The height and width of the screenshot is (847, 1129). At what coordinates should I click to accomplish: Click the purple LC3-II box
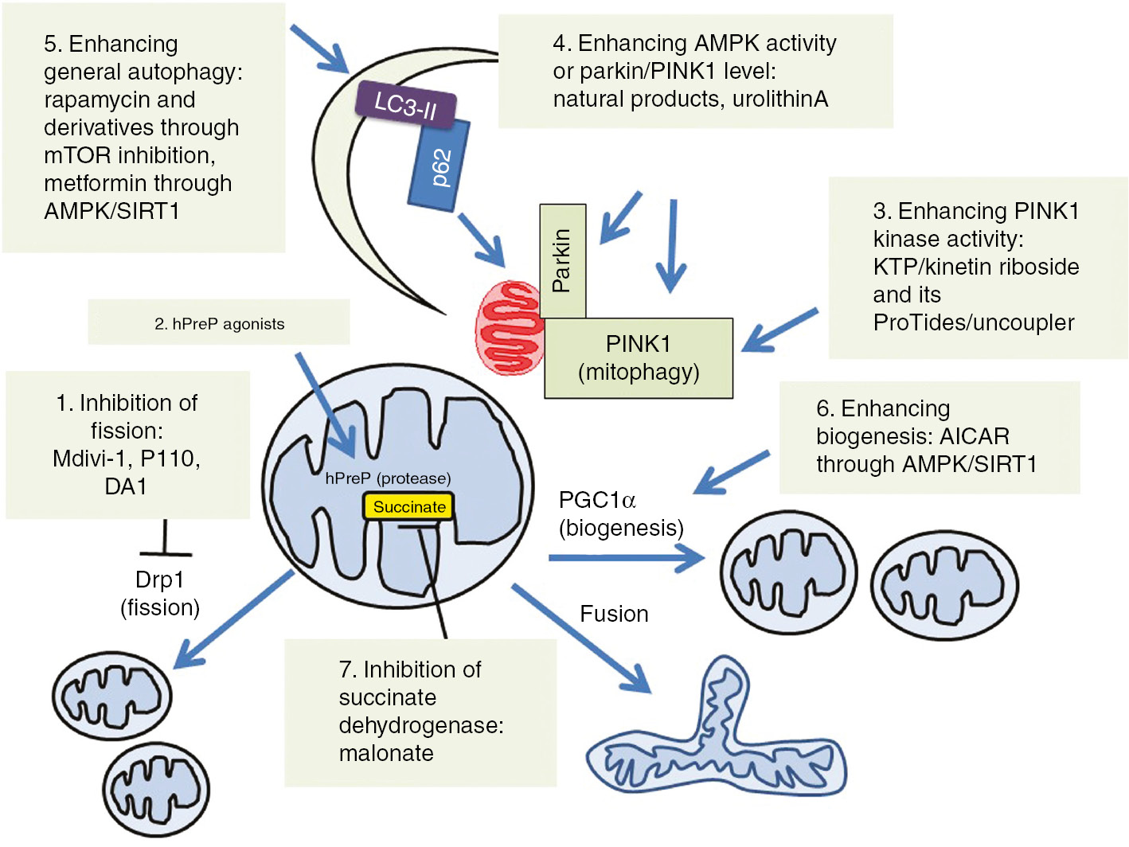[x=405, y=104]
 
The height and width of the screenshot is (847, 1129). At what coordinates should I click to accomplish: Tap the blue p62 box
[x=439, y=166]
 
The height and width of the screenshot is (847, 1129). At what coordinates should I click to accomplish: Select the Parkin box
[x=562, y=260]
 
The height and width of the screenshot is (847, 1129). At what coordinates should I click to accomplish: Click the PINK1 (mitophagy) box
[x=639, y=357]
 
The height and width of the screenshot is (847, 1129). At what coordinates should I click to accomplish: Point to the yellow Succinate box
[x=409, y=507]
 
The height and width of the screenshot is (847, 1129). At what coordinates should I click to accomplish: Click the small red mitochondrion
[x=510, y=327]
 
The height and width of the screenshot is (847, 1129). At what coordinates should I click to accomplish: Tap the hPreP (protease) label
[x=388, y=478]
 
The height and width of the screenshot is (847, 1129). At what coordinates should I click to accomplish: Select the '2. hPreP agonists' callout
[x=219, y=323]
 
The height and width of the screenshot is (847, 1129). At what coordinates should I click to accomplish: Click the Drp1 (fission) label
[x=160, y=593]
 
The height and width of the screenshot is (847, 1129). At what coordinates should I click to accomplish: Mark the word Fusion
[x=614, y=614]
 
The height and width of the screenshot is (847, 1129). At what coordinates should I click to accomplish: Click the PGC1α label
[x=597, y=501]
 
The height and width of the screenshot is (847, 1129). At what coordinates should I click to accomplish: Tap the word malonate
[x=386, y=753]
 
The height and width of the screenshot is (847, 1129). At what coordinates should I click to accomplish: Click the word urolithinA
[x=779, y=99]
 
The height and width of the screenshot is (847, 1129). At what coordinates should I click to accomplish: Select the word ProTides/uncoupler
[x=974, y=322]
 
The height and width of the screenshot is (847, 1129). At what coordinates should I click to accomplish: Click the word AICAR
[x=974, y=436]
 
